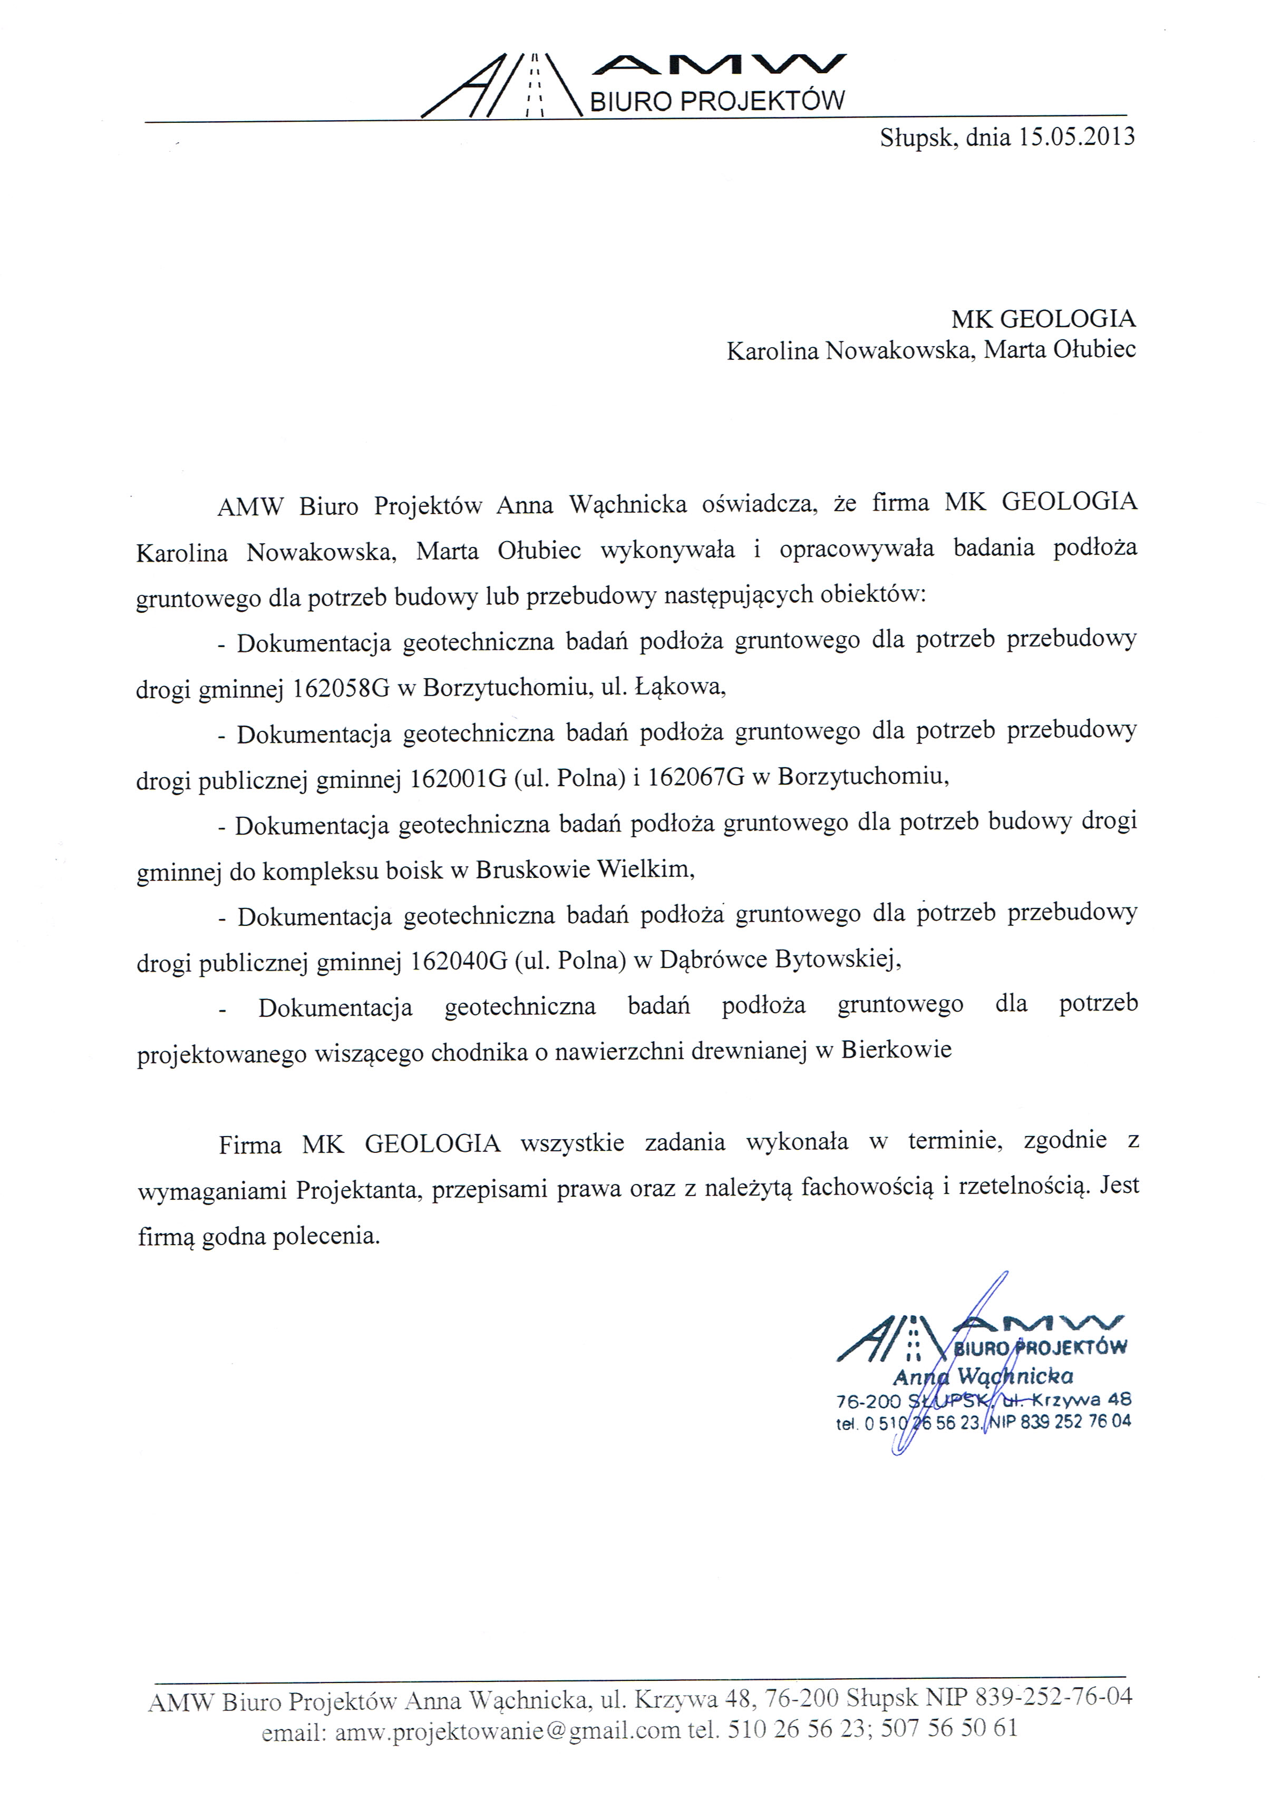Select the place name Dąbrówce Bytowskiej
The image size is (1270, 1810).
click(x=779, y=960)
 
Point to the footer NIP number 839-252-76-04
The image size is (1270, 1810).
click(x=1053, y=1696)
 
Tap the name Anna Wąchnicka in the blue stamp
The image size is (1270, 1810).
click(x=982, y=1376)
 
